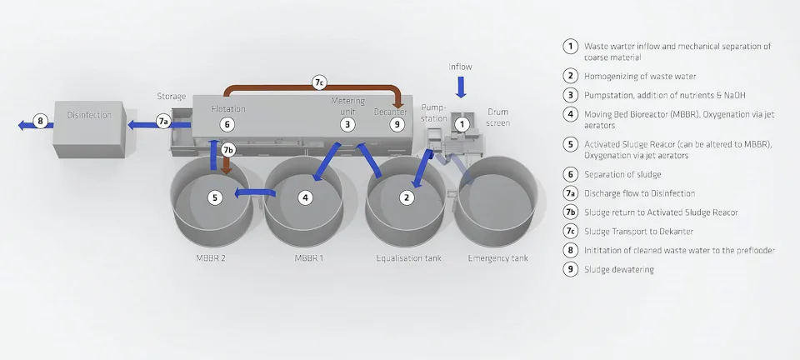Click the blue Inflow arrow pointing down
461,87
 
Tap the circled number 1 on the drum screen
463,124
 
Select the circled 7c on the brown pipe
319,82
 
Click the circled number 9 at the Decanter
397,124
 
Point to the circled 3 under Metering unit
347,124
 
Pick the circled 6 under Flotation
227,124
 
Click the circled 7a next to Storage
163,122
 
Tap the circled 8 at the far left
38,120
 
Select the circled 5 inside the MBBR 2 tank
215,197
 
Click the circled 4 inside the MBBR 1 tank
307,197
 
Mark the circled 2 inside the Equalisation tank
406,197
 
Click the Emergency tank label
497,258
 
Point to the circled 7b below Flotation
229,150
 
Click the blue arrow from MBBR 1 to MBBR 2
255,193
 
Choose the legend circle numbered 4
570,114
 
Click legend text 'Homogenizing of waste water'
640,76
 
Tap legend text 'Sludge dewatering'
619,269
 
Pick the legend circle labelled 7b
570,212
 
